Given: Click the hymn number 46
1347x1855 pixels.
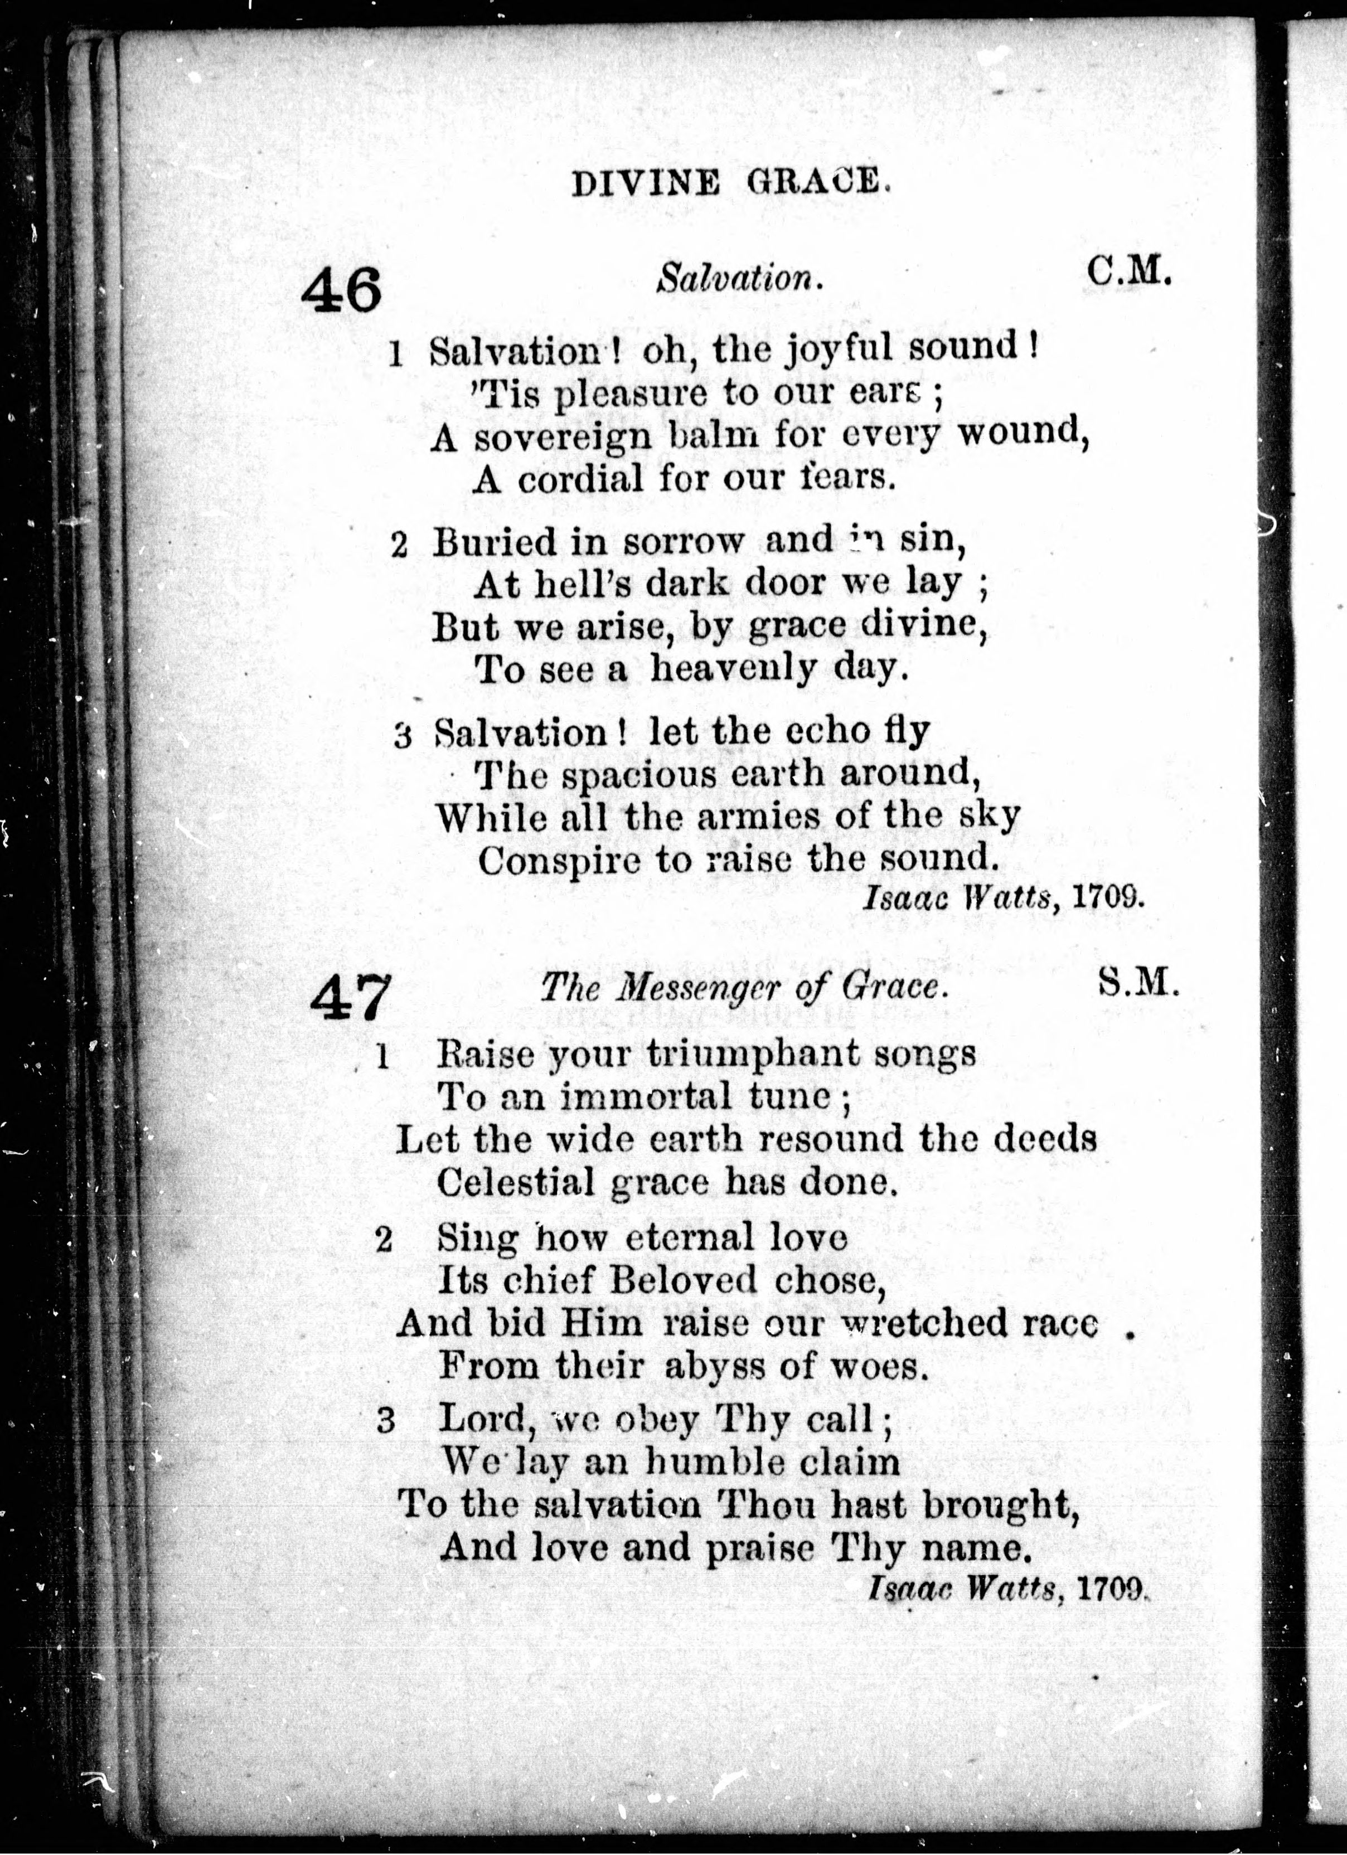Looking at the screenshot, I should (342, 290).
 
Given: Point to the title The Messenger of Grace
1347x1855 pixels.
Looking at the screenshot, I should (744, 988).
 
